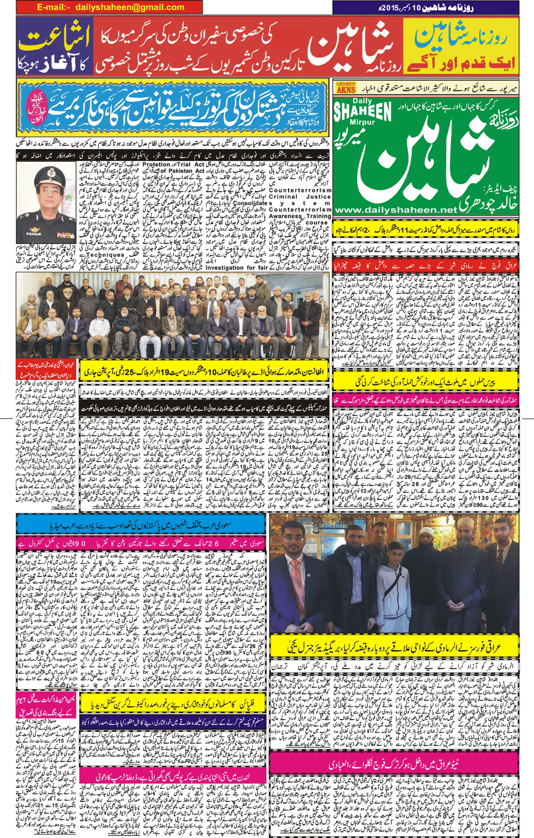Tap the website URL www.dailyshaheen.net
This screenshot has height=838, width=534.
pos(396,210)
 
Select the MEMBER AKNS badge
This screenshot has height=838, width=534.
pos(345,87)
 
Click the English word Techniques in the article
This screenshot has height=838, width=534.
pos(105,255)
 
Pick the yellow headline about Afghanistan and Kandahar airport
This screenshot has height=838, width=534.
pos(204,372)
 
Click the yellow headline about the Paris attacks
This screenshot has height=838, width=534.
pos(426,381)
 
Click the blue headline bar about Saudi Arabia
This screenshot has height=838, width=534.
pos(141,524)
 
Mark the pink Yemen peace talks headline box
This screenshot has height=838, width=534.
pos(46,704)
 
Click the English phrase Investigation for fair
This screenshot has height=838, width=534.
pos(240,268)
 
